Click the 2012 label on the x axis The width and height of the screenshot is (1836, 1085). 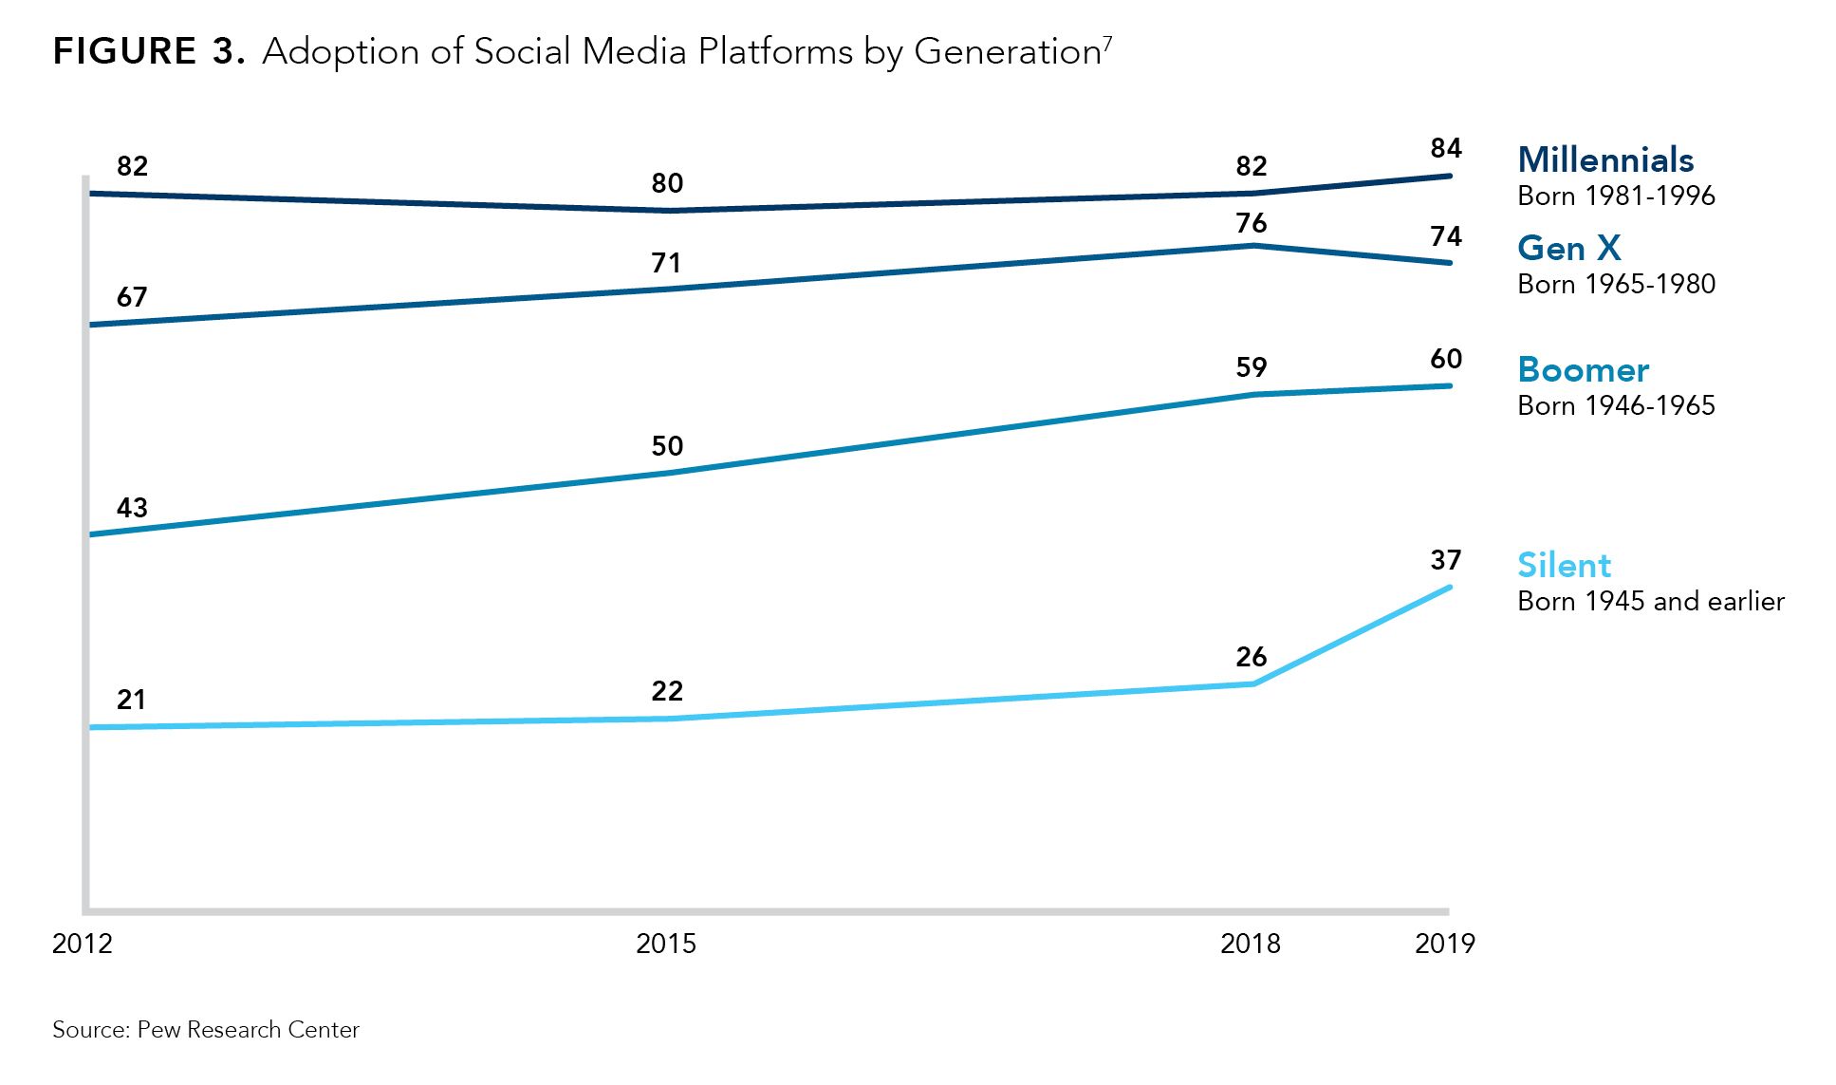[83, 944]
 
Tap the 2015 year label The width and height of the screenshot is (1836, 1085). [666, 944]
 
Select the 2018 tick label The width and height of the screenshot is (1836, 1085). [1250, 944]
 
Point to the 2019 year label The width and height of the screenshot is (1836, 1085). [1444, 944]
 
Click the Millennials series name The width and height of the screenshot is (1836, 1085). [1605, 159]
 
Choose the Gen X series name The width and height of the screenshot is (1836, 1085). [1569, 248]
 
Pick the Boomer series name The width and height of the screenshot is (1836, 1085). [1583, 369]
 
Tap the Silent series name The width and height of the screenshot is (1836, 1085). [1564, 566]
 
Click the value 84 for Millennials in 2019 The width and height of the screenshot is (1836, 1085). [1446, 148]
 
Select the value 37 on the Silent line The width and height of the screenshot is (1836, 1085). [1446, 560]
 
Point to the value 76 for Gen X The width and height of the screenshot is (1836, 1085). [1252, 223]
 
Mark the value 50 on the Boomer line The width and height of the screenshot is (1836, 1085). [667, 446]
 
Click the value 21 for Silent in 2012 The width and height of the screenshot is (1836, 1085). [132, 701]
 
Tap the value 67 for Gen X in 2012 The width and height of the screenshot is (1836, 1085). [132, 297]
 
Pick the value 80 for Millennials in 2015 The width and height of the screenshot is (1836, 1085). [667, 183]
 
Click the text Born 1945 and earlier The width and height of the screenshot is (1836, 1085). [1650, 602]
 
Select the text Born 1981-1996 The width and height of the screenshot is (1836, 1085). [1616, 196]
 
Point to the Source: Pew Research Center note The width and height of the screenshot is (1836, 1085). [206, 1030]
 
